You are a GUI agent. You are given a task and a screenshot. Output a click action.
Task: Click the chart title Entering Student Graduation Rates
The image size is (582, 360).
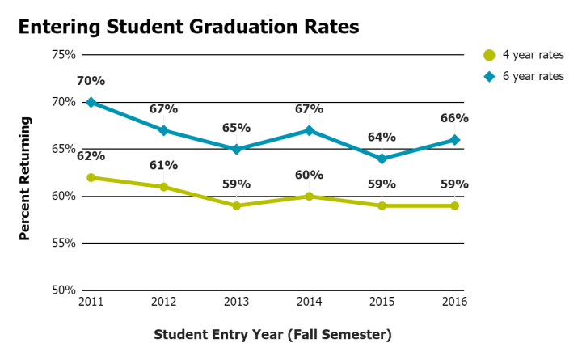point(188,27)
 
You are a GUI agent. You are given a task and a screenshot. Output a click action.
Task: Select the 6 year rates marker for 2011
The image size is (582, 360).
point(91,102)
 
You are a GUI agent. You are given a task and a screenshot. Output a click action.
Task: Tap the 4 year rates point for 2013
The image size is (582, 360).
point(236,205)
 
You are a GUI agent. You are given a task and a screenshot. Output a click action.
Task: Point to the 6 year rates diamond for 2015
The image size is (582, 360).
point(382,159)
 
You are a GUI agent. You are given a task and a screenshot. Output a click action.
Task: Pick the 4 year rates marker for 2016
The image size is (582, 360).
point(455,205)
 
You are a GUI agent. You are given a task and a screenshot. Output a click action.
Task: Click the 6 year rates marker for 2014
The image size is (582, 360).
point(309,130)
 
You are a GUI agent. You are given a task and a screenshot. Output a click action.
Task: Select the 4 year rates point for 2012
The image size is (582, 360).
point(163,187)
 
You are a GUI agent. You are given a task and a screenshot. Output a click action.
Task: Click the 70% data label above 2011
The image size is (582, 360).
point(91,81)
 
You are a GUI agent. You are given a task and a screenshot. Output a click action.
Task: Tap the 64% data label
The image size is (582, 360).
point(382,137)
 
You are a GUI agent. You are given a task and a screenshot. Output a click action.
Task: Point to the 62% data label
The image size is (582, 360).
point(91,156)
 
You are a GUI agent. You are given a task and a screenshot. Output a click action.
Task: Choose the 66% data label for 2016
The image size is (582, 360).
point(455,118)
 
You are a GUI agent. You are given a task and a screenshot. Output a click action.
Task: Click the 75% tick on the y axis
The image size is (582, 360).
point(64,55)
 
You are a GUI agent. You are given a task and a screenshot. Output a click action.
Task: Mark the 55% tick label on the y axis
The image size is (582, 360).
point(64,243)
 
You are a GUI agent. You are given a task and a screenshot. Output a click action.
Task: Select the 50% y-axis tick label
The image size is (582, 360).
point(64,290)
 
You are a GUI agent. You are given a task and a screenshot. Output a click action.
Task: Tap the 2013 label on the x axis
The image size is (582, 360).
point(236,302)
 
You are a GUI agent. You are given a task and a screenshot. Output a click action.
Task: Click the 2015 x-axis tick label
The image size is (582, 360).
point(382,302)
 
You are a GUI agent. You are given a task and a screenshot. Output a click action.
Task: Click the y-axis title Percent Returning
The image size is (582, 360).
point(25,178)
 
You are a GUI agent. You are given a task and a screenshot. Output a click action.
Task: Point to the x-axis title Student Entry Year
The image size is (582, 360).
point(272,334)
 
